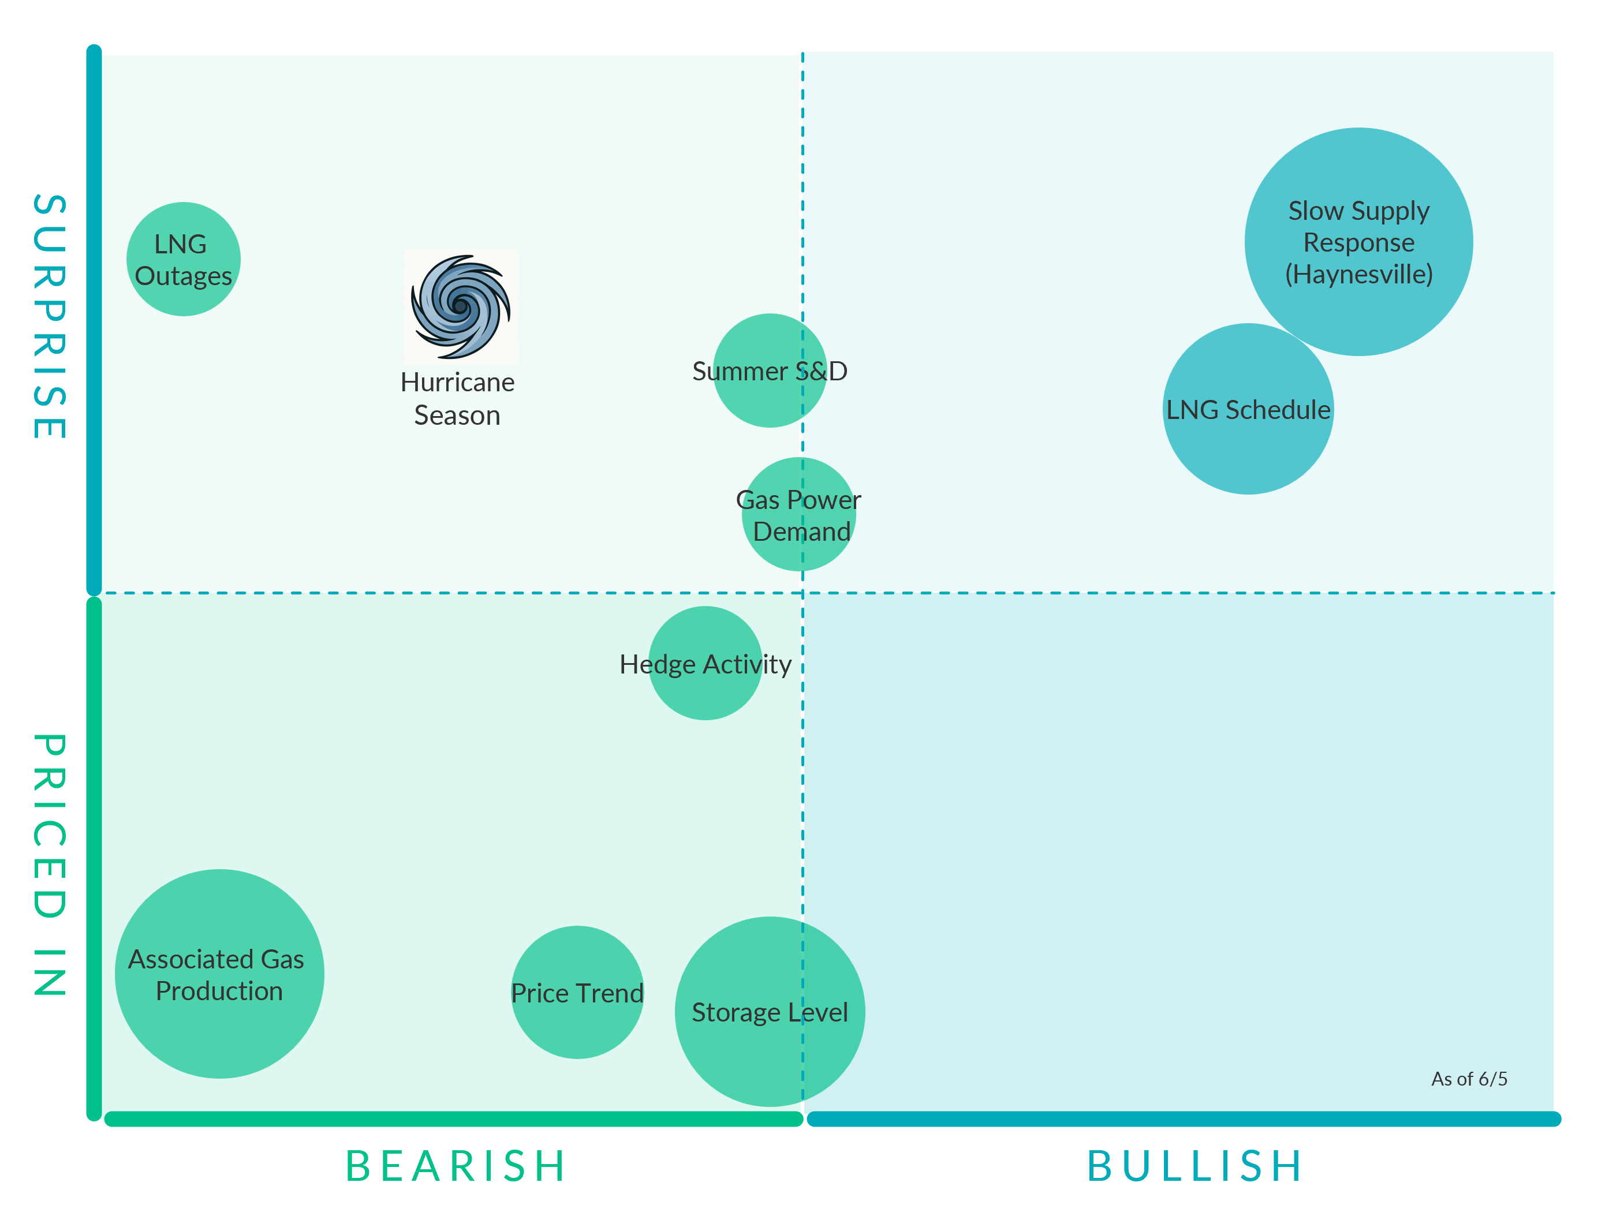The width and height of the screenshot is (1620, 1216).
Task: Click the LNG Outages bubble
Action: (x=183, y=259)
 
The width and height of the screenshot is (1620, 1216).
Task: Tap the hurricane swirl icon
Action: (x=461, y=307)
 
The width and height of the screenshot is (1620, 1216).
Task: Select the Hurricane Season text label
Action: (x=457, y=398)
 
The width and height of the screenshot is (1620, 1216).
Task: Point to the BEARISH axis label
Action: (x=456, y=1165)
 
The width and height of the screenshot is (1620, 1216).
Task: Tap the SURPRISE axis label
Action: (x=50, y=316)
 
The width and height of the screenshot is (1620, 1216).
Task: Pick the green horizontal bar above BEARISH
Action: (x=454, y=1118)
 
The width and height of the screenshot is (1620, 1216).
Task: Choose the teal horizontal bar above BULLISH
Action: (x=1184, y=1118)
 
